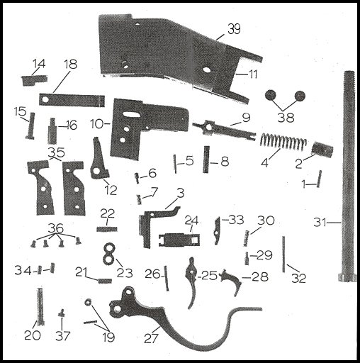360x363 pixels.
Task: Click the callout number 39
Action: click(x=234, y=29)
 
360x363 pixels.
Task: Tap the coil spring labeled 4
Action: click(x=283, y=142)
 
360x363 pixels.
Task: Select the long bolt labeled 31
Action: click(x=349, y=176)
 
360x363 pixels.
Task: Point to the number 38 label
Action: click(x=286, y=117)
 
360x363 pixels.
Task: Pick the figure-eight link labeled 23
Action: click(x=109, y=254)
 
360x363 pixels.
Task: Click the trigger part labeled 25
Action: click(x=192, y=281)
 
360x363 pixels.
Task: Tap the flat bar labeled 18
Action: click(x=72, y=100)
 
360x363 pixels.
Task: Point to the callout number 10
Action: click(x=98, y=123)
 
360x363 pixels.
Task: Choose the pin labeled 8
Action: click(x=206, y=160)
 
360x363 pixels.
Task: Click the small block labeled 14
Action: click(x=34, y=80)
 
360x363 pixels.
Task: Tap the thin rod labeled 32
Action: click(x=283, y=255)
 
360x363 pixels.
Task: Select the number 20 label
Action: click(x=33, y=335)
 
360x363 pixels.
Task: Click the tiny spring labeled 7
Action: click(x=139, y=199)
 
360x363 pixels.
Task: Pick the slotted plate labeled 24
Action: click(x=179, y=240)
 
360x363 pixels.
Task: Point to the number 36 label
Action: click(x=56, y=228)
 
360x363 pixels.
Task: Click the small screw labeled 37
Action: click(x=62, y=313)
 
